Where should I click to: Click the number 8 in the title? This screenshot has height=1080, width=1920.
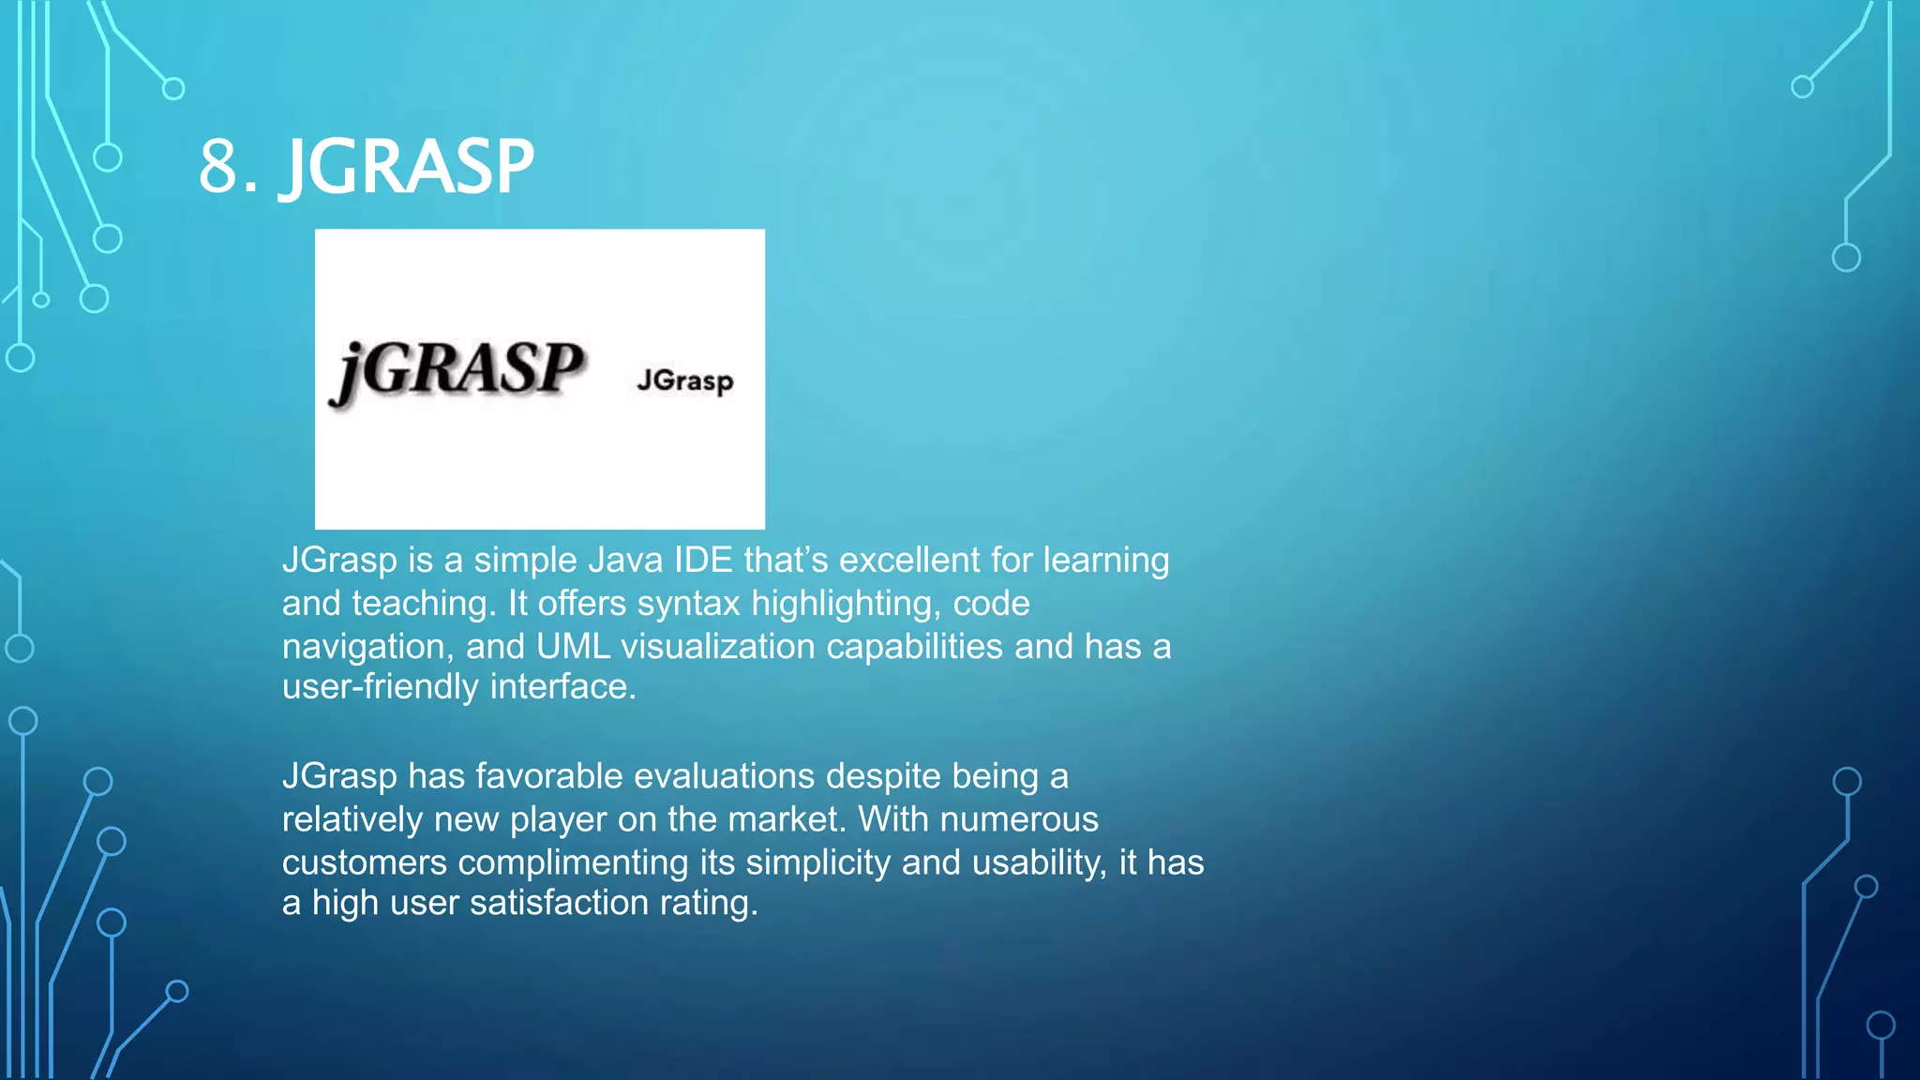pos(220,167)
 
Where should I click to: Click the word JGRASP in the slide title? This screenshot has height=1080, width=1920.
pos(408,167)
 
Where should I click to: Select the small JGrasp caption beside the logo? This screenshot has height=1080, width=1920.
pos(685,381)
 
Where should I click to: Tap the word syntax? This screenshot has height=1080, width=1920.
pos(689,604)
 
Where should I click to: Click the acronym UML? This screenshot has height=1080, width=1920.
pos(573,647)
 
